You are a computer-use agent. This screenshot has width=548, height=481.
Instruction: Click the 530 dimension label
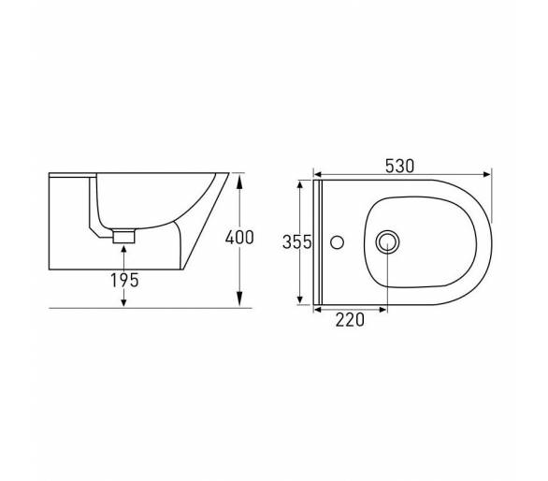coord(399,167)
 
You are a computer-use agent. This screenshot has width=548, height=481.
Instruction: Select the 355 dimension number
coord(296,242)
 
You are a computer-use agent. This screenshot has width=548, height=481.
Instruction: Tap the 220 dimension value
coord(350,320)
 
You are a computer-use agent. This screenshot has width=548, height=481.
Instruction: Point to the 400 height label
coord(239,238)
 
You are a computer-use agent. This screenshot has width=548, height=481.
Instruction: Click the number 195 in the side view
coord(124,280)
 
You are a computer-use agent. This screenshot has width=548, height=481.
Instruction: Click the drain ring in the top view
coord(387,241)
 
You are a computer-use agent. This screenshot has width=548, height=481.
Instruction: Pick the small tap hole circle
coord(337,242)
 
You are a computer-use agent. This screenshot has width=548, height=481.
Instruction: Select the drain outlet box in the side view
coord(123,236)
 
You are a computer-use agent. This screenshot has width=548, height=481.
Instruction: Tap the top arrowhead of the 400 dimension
coord(239,182)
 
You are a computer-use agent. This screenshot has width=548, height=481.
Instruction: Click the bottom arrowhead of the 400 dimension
coord(239,299)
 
